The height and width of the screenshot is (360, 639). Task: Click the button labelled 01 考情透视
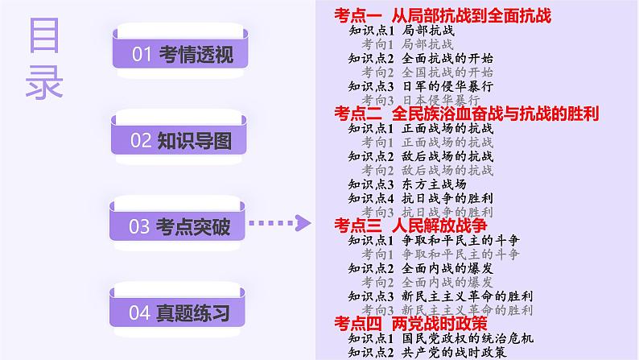click(x=180, y=55)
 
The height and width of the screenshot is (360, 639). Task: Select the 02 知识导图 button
click(x=180, y=142)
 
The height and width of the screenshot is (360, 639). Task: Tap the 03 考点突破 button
click(x=180, y=228)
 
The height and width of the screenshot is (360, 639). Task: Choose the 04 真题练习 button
click(x=180, y=313)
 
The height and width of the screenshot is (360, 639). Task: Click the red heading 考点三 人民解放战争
click(x=414, y=226)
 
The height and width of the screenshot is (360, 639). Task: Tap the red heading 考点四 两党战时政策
click(x=410, y=323)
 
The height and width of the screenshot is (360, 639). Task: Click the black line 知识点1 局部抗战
click(x=401, y=31)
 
